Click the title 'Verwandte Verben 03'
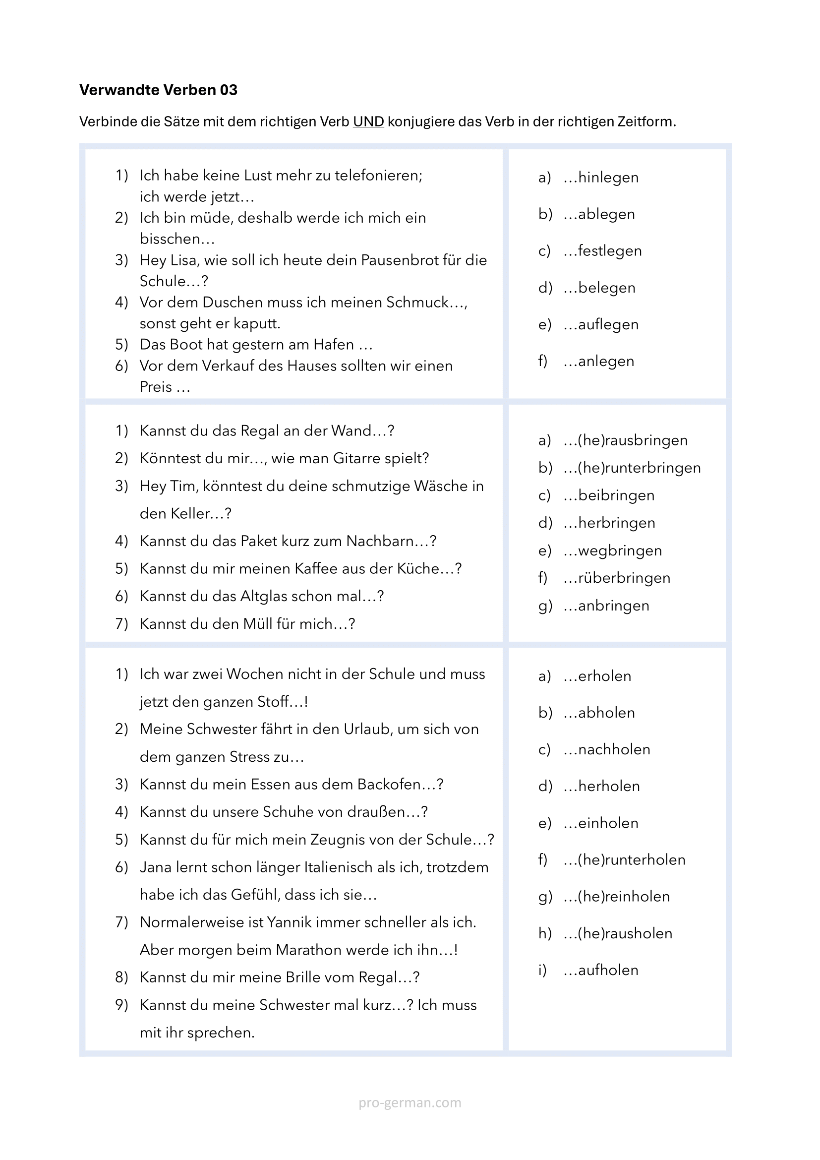point(158,90)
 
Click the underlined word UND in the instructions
point(368,122)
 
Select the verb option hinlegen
point(608,178)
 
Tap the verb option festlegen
point(609,250)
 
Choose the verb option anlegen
point(606,361)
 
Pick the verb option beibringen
point(616,495)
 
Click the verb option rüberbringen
point(624,578)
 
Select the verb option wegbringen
point(620,550)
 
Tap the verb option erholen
point(604,676)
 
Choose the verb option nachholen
point(614,749)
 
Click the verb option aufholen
point(608,970)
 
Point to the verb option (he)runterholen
point(631,859)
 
